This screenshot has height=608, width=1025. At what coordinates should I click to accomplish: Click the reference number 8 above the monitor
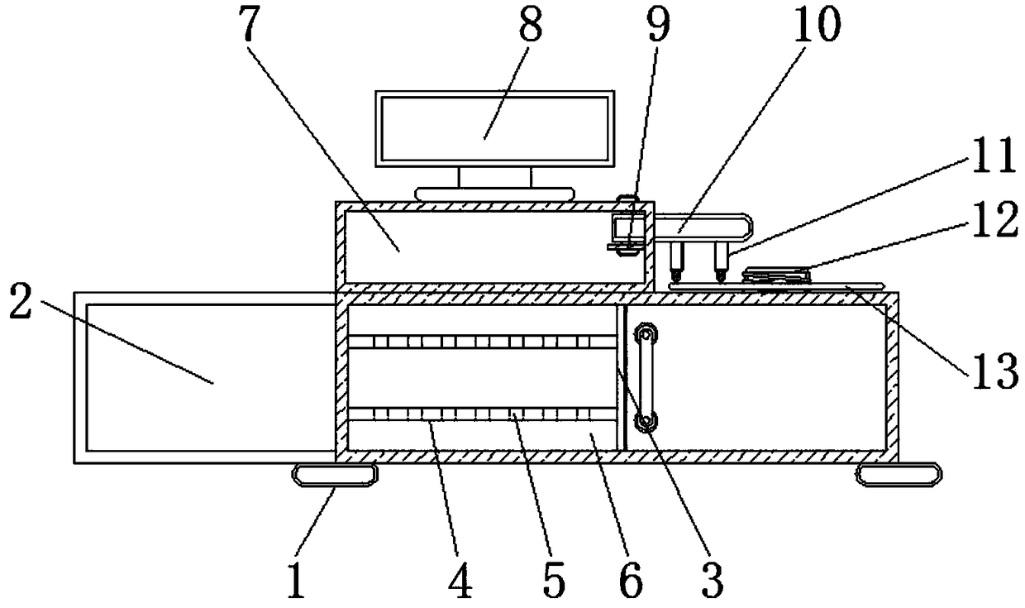[x=530, y=30]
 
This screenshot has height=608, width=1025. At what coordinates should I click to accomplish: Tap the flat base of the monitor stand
[x=494, y=194]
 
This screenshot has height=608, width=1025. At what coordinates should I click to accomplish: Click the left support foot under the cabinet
[x=334, y=475]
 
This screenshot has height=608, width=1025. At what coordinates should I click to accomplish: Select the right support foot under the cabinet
[x=899, y=475]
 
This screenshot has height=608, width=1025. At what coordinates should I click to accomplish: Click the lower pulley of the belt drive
[x=646, y=422]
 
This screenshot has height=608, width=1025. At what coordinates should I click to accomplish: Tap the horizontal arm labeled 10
[x=703, y=224]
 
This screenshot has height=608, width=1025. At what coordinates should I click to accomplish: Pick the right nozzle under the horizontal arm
[x=720, y=266]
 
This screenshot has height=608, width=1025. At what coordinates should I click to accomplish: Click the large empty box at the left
[x=207, y=376]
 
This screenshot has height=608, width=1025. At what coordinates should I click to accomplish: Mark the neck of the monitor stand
[x=494, y=176]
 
